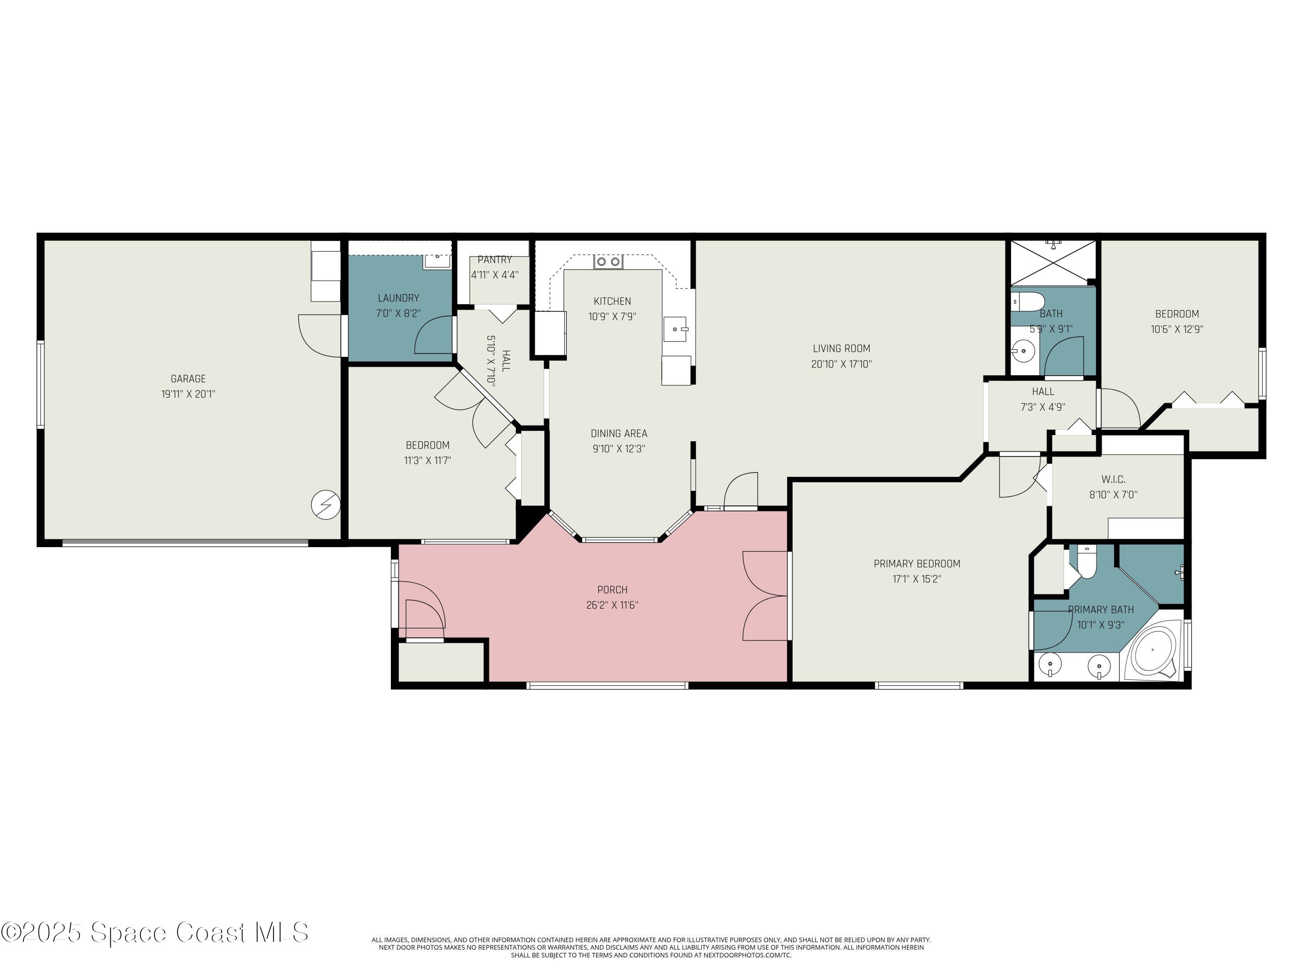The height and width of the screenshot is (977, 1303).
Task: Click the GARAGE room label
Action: (x=188, y=379)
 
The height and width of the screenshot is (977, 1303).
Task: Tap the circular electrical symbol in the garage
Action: (x=326, y=505)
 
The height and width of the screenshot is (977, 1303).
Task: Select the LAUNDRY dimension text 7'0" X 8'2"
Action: (x=398, y=314)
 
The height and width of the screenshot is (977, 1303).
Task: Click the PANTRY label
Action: (x=494, y=260)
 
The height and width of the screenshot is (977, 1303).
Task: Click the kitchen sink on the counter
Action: (x=675, y=329)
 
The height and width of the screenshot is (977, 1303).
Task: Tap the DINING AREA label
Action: (x=618, y=433)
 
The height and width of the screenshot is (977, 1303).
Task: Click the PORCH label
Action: (x=612, y=590)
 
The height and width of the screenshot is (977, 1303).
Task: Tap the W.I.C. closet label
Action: (x=1113, y=479)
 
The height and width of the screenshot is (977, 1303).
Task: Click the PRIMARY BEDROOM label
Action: (x=916, y=564)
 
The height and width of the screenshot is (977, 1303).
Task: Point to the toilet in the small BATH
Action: (x=1028, y=301)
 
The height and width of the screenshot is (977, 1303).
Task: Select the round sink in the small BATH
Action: (x=1023, y=352)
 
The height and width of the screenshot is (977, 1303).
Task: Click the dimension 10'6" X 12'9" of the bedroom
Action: (x=1176, y=329)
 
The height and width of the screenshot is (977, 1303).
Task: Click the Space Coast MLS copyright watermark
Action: (x=154, y=932)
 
